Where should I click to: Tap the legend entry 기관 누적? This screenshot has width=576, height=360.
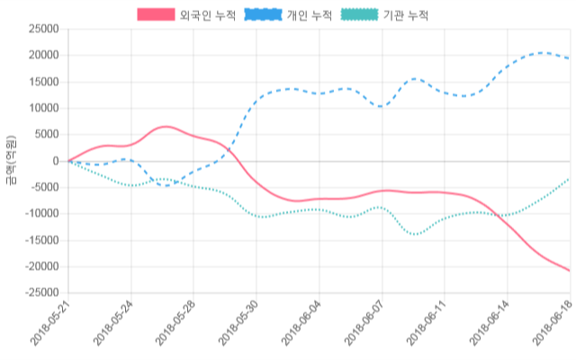[405, 15]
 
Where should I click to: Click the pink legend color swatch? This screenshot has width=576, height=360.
[156, 15]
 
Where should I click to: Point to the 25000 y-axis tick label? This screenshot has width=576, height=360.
[44, 29]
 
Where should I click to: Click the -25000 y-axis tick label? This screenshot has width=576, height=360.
[42, 293]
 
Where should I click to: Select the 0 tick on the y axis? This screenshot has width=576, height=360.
[56, 161]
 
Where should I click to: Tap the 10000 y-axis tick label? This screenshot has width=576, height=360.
[44, 108]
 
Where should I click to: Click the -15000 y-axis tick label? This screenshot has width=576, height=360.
[42, 240]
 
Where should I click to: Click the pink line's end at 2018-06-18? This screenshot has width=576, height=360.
[569, 270]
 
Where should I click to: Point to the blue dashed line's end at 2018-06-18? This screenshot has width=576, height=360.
[569, 59]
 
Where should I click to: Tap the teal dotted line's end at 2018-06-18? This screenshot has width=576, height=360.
[569, 178]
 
